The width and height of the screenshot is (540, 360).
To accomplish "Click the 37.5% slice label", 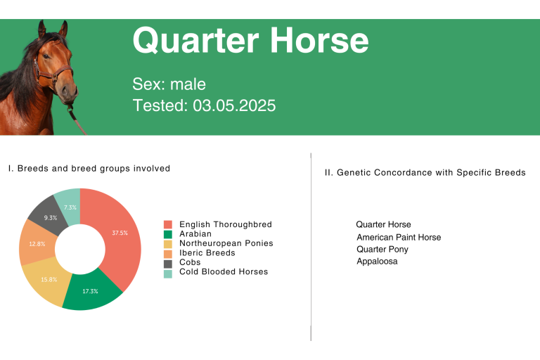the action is tap(120, 233).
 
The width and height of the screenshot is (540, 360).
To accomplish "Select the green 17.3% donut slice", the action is tap(91, 292).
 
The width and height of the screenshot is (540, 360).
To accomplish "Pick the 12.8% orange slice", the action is tap(37, 243).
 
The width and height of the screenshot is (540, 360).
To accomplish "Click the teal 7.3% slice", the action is tap(70, 206).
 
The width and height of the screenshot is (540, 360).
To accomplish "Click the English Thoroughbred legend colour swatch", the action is tap(168, 224).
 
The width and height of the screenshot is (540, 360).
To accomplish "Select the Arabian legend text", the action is tap(195, 234).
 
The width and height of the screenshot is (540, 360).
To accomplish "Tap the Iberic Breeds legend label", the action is tap(207, 253).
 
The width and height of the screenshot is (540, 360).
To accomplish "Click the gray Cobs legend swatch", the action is tap(168, 264).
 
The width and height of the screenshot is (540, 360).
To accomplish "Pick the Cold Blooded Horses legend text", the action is tap(224, 272).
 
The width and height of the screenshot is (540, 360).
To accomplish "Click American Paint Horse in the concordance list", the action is tap(399, 238).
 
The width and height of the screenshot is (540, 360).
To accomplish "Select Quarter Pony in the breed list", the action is tap(382, 250).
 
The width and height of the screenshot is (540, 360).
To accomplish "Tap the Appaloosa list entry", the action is tap(377, 262).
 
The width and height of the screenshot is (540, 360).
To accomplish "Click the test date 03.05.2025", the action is tap(234, 105).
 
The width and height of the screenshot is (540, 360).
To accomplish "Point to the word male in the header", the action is tap(188, 84).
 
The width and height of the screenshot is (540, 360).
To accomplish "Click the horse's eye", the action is tap(46, 56).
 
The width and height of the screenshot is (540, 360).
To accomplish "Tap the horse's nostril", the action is tap(65, 89).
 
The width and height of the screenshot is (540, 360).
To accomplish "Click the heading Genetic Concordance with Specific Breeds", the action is tap(431, 172).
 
